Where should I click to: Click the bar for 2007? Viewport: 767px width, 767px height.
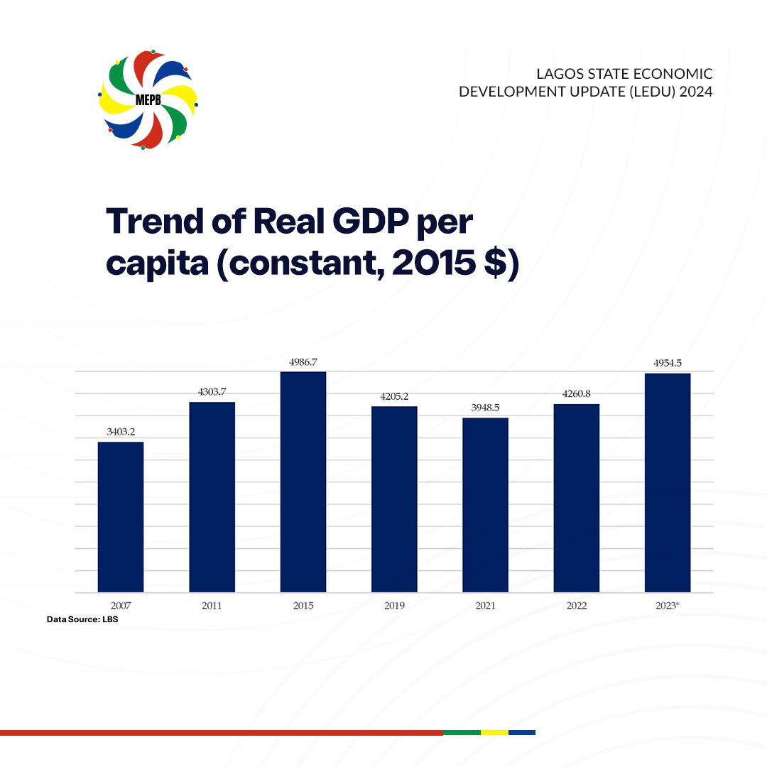(x=121, y=517)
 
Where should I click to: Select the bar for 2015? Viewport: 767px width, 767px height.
(x=303, y=482)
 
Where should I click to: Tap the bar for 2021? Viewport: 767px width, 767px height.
(x=485, y=505)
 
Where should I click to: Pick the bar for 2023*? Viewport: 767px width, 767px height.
(x=668, y=483)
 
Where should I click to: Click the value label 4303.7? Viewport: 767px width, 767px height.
(x=212, y=391)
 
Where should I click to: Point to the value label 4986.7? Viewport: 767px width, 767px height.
(x=303, y=361)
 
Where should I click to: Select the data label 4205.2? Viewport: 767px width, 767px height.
(x=394, y=396)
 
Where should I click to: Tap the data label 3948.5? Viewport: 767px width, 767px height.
(x=485, y=408)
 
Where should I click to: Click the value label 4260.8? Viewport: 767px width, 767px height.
(x=576, y=393)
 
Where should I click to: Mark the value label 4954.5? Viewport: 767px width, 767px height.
(x=668, y=363)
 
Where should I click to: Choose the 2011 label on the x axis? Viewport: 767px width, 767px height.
(x=212, y=606)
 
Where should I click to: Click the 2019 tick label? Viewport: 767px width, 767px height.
(x=394, y=606)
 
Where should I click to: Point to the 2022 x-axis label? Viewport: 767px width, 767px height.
(x=576, y=606)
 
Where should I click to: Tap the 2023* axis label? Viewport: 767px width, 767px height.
(x=668, y=606)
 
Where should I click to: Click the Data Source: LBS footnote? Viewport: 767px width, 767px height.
(x=82, y=620)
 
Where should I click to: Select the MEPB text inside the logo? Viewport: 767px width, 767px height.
(x=148, y=99)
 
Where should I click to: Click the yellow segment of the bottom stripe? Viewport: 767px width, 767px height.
(x=494, y=732)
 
